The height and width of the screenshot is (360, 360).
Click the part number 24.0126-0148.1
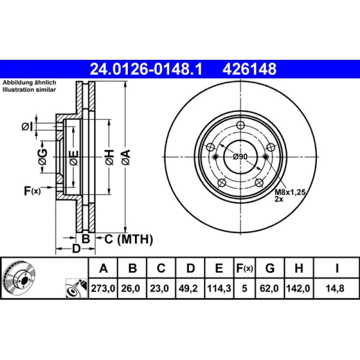[x=147, y=69]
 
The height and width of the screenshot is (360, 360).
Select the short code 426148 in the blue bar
[x=247, y=69]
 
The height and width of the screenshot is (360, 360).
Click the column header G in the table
[x=270, y=269]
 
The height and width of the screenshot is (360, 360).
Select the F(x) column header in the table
[x=244, y=269]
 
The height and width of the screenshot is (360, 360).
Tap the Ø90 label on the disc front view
[x=241, y=157]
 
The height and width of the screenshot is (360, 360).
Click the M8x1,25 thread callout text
[x=290, y=192]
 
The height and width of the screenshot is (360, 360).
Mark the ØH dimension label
[x=109, y=157]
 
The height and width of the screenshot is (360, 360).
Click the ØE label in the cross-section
[x=73, y=157]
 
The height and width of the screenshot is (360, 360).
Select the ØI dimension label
[x=28, y=127]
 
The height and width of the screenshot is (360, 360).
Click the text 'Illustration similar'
[x=29, y=90]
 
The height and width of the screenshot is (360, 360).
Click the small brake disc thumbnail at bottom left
[x=19, y=278]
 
